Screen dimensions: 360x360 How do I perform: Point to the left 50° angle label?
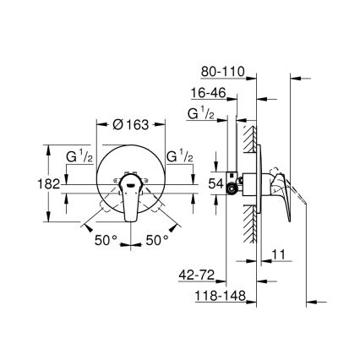click(106, 241)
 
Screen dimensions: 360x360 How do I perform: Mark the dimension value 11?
click(281, 254)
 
